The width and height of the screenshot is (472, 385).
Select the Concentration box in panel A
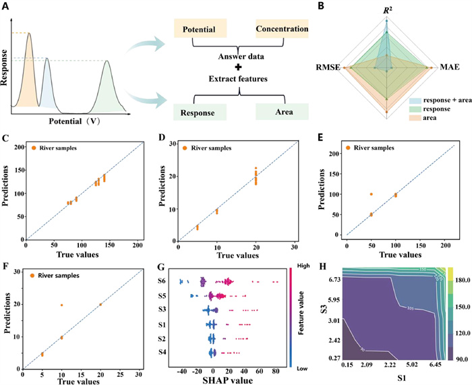pos(281,30)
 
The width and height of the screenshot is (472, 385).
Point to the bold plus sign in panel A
pos(238,68)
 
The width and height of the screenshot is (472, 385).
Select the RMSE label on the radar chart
pos(328,67)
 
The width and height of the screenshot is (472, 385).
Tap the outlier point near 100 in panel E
pos(371,194)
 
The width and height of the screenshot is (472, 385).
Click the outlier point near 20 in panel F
pos(61,305)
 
